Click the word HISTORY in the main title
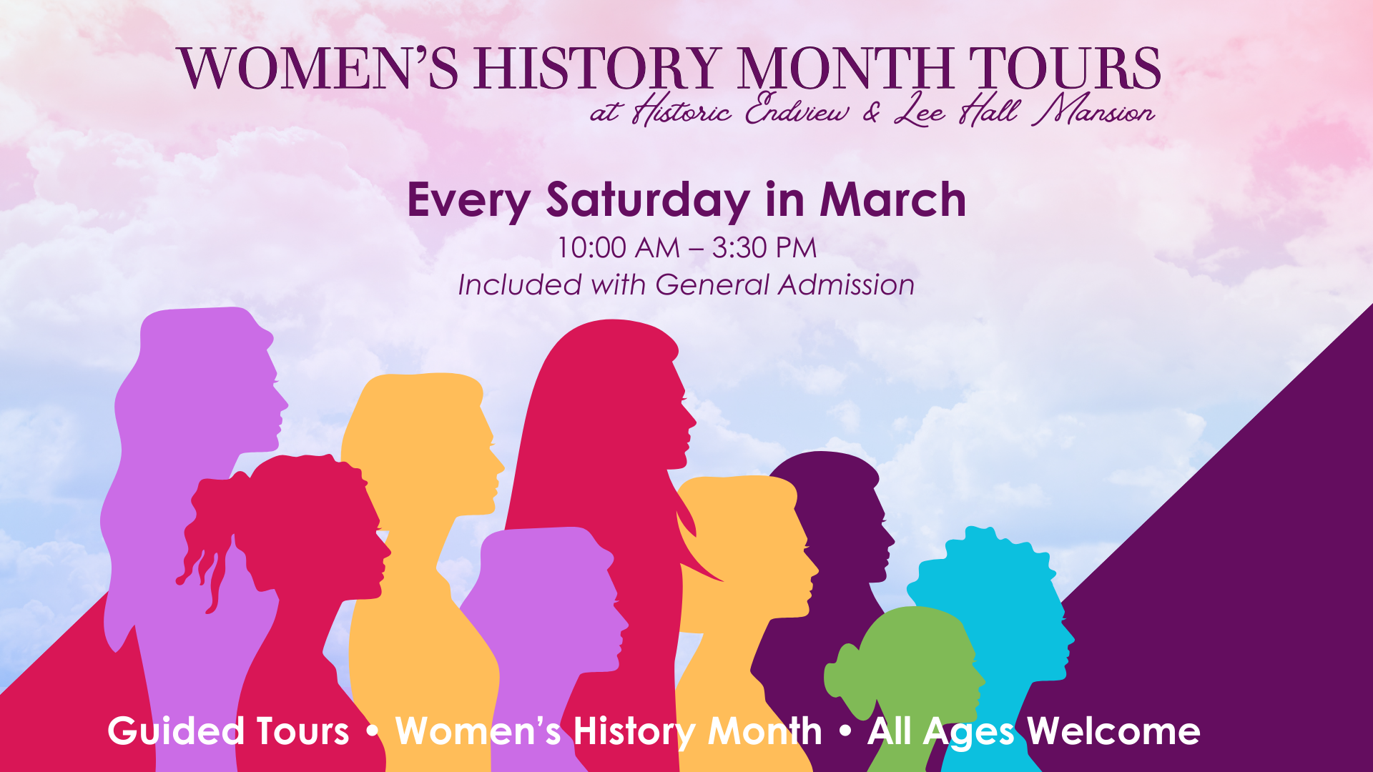click(x=597, y=69)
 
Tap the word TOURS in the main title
click(x=1065, y=69)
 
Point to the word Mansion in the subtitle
click(x=1097, y=111)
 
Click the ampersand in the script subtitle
click(x=872, y=112)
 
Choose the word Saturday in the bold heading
click(x=648, y=201)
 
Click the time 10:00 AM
click(x=619, y=248)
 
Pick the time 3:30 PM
click(x=764, y=248)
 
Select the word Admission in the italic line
click(x=847, y=284)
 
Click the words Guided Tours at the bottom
click(x=228, y=731)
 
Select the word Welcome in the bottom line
click(x=1113, y=731)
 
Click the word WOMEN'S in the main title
click(x=318, y=69)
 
